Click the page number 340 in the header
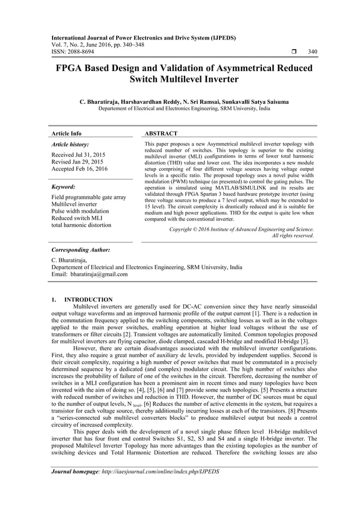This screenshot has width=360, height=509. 312,52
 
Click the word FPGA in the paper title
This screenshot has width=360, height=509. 70,68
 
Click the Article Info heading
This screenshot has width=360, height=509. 66,134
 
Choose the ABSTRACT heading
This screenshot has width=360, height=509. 161,134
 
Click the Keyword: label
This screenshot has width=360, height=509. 64,186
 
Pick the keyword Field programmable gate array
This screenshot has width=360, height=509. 89,197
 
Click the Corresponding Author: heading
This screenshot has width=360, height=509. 80,249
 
